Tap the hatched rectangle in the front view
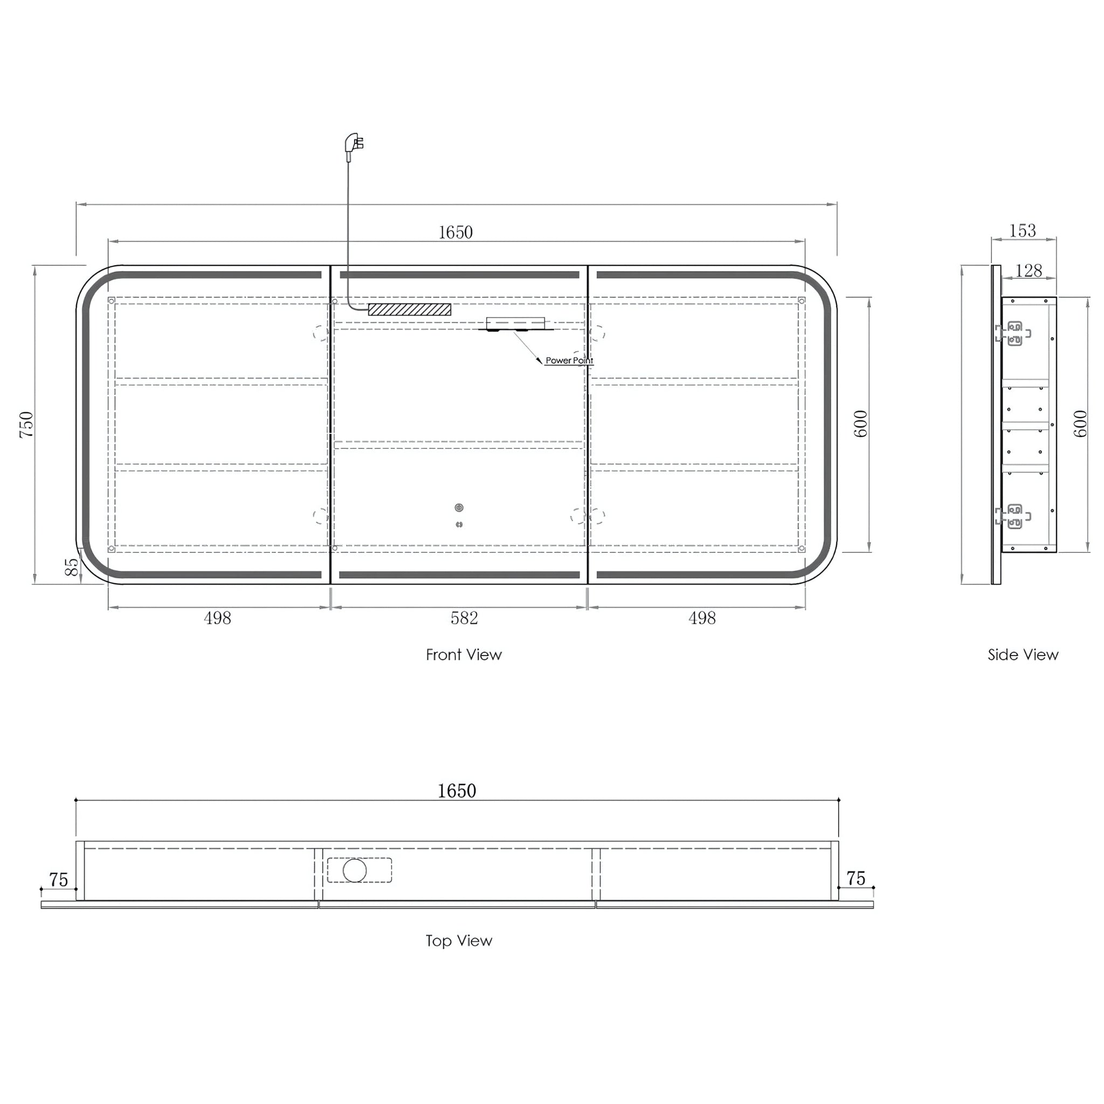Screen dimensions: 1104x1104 (409, 309)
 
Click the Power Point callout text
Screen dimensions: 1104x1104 (569, 361)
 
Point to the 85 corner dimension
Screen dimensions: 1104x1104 (72, 567)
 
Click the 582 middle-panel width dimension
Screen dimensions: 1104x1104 (464, 618)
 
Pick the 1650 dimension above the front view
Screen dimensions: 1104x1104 (456, 232)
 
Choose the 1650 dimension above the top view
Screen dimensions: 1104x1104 (457, 790)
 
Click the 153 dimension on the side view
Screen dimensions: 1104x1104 (1022, 230)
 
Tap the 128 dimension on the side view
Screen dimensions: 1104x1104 (1029, 270)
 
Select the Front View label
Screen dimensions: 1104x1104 (464, 654)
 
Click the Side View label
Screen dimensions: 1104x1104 (1023, 654)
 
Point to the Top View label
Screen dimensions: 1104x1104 (458, 940)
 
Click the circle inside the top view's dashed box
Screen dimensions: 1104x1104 (354, 870)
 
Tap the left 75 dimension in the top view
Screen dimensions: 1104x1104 (58, 879)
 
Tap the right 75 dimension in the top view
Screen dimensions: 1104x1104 (855, 878)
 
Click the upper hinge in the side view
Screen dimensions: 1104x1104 (1014, 334)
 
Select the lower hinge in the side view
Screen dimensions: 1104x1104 (1014, 516)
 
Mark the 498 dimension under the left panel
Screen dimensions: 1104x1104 (217, 618)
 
